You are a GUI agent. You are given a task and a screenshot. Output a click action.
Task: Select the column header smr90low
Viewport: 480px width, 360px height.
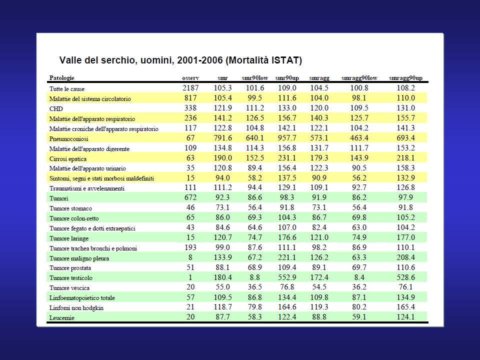[x=254, y=78]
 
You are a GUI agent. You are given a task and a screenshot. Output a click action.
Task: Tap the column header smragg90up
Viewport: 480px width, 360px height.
[x=405, y=78]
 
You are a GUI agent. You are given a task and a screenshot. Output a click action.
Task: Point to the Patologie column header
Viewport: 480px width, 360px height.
[x=62, y=78]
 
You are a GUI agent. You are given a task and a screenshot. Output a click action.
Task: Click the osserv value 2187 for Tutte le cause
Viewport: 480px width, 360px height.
[x=190, y=88]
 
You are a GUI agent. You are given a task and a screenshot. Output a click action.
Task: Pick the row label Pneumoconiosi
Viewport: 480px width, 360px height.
[x=69, y=139]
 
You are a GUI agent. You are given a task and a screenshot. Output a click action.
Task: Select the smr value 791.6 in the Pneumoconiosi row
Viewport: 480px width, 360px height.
[x=222, y=138]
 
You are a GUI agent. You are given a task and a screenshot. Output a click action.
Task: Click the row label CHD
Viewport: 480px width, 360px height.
[x=56, y=109]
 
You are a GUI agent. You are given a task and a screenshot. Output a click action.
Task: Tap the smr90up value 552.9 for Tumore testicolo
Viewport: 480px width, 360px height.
[x=287, y=277]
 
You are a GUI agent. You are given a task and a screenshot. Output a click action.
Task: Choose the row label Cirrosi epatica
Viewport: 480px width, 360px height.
[x=68, y=159]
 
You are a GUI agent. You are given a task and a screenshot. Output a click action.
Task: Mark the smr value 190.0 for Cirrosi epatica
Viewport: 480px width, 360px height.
[x=222, y=158]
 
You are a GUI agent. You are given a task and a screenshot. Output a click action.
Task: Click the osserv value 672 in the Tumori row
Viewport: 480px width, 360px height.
[x=190, y=197]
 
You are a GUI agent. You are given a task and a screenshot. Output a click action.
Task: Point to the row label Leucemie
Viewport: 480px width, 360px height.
[x=62, y=318]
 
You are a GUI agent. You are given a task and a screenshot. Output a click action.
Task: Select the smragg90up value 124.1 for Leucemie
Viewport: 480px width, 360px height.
[x=405, y=317]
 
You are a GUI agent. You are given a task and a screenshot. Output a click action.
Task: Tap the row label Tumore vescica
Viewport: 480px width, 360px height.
[x=69, y=288]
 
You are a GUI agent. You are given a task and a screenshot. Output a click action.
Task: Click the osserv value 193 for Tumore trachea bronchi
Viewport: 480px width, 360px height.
[x=190, y=247]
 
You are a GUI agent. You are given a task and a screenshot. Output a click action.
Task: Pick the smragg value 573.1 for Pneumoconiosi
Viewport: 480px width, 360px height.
[x=319, y=138]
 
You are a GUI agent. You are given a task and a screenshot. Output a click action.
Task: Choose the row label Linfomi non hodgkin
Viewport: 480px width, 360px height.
[x=76, y=308]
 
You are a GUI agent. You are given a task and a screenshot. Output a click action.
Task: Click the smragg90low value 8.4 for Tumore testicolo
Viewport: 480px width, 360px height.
[x=359, y=277]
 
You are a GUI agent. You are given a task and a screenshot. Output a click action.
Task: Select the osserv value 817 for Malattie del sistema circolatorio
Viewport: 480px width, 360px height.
[x=190, y=98]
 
